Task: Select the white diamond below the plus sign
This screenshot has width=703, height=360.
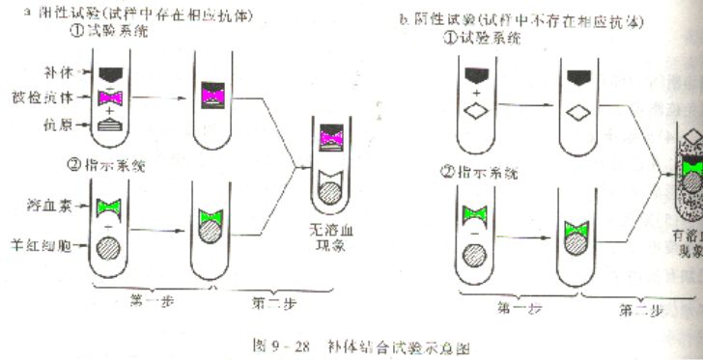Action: [476, 112]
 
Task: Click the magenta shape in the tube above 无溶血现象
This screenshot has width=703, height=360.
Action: [331, 142]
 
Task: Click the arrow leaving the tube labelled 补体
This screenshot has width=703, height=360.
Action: [159, 97]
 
